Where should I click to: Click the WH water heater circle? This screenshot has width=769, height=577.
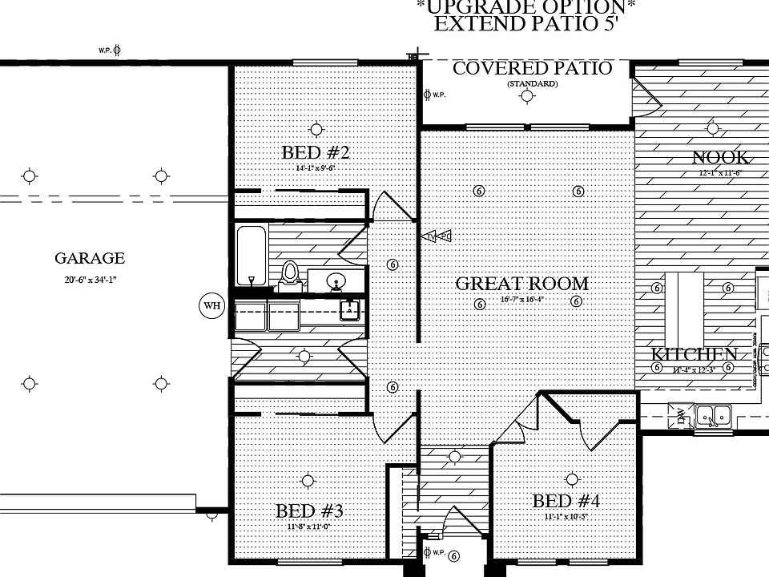[211, 306]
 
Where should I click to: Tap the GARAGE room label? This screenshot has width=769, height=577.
[90, 259]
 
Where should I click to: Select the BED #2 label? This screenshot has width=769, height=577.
[315, 152]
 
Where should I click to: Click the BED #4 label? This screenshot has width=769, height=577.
[566, 502]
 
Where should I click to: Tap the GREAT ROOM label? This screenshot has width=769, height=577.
[521, 284]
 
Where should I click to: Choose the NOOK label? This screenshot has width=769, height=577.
[721, 157]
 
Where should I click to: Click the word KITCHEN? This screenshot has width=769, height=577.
[694, 354]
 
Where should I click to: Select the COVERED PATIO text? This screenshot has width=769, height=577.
[532, 68]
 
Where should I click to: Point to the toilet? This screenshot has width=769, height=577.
[290, 275]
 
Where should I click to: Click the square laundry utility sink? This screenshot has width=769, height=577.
[348, 309]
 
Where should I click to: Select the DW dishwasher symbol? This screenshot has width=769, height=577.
[681, 414]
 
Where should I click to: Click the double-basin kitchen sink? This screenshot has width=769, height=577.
[714, 415]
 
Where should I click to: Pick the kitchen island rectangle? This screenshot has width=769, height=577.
[691, 305]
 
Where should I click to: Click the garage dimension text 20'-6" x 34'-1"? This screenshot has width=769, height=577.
[90, 279]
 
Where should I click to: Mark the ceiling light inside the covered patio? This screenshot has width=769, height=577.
[526, 97]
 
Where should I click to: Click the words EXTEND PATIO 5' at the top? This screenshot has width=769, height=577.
[525, 23]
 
